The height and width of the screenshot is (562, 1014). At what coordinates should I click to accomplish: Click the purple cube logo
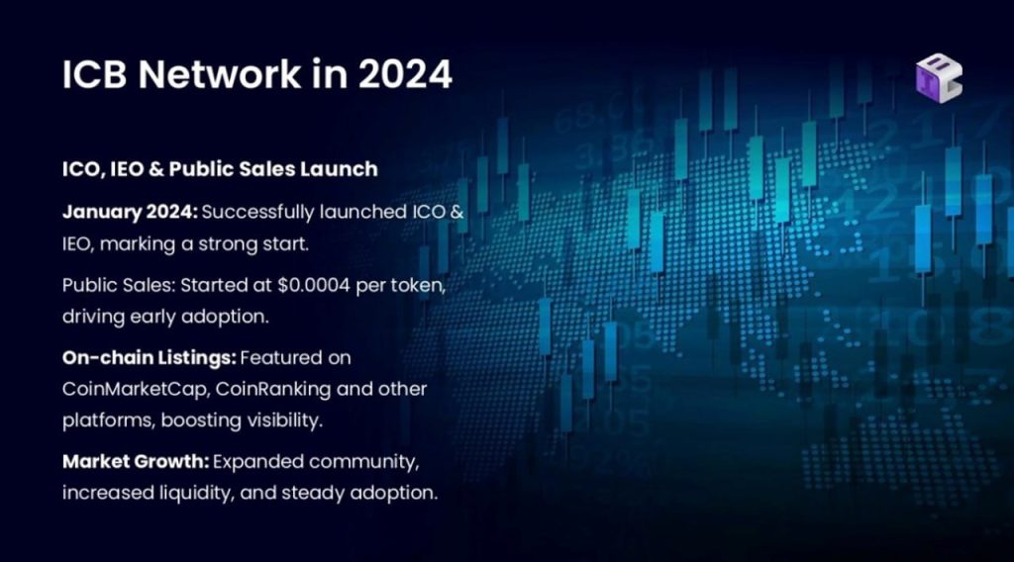coord(939,78)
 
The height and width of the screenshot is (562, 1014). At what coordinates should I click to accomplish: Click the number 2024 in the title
coord(405,73)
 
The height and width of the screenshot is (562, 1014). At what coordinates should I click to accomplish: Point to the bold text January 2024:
coord(130,212)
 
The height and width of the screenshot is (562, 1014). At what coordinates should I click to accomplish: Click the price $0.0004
coord(314,285)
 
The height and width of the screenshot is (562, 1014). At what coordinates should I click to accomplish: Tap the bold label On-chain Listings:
coord(149,357)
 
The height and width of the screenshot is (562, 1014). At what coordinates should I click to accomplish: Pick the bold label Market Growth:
coord(135,461)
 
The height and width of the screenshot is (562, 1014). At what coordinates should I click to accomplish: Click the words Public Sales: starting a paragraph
coord(119,285)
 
